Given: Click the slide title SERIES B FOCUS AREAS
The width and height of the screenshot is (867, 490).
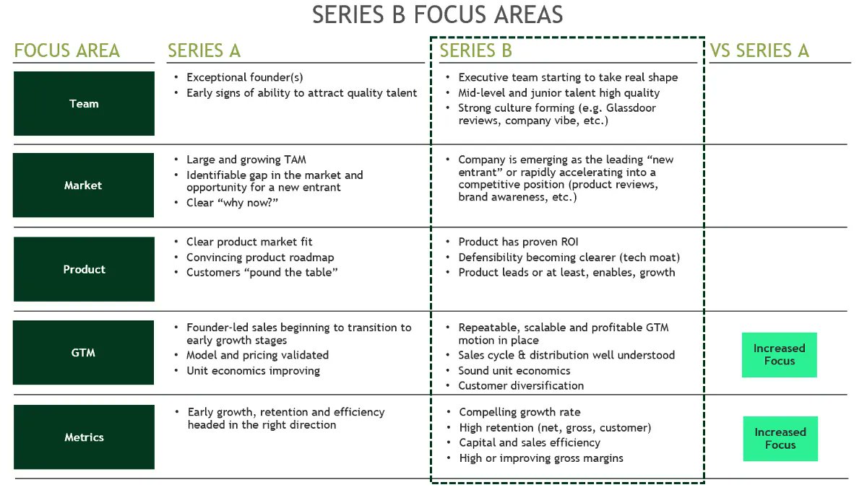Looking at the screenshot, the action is [x=437, y=15].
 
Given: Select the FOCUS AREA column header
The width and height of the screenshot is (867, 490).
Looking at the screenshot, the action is [x=66, y=51].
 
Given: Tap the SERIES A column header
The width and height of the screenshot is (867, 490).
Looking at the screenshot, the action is [x=204, y=51].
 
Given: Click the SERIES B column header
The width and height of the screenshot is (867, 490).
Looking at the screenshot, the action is [x=475, y=51].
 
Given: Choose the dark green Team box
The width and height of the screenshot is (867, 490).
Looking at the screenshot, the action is [x=84, y=104].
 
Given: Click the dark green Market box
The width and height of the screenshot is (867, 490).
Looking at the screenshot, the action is [x=84, y=185].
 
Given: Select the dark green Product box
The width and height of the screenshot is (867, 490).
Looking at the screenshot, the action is [x=84, y=269].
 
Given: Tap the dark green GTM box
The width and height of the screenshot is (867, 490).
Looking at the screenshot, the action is [x=84, y=353].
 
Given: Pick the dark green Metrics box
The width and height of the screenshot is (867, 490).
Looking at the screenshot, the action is [x=84, y=437].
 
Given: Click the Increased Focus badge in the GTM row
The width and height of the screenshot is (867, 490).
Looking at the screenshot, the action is [x=779, y=354].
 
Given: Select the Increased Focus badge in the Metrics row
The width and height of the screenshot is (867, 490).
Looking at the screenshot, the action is [x=780, y=439].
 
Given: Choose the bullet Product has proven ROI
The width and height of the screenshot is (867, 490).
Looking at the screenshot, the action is [x=518, y=242].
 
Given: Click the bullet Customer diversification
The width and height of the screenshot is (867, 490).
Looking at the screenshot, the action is [x=521, y=385].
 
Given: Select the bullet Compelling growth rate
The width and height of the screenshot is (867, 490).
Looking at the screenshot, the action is [x=519, y=412].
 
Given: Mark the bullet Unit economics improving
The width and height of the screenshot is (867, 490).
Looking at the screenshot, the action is [x=253, y=371].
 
